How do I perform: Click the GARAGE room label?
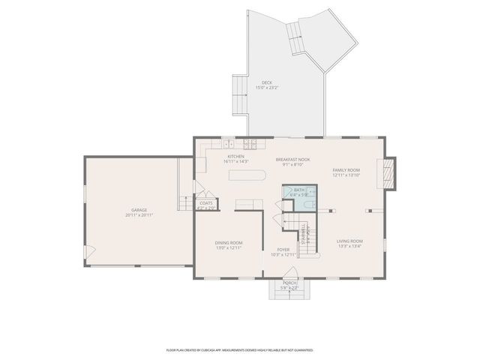[139, 210]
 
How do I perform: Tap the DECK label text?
[266, 82]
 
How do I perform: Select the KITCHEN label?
[236, 156]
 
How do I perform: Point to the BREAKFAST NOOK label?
[292, 160]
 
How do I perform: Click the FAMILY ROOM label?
[346, 170]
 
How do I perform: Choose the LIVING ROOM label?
[349, 241]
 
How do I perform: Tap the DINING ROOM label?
[229, 243]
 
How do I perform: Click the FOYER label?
[283, 250]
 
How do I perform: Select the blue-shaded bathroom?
[299, 198]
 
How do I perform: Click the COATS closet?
[206, 203]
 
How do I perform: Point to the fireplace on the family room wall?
[388, 172]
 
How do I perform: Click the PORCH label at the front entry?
[289, 283]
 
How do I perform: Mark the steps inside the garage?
[184, 202]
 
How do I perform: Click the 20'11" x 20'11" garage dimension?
[139, 215]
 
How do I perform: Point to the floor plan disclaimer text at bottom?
[240, 349]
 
